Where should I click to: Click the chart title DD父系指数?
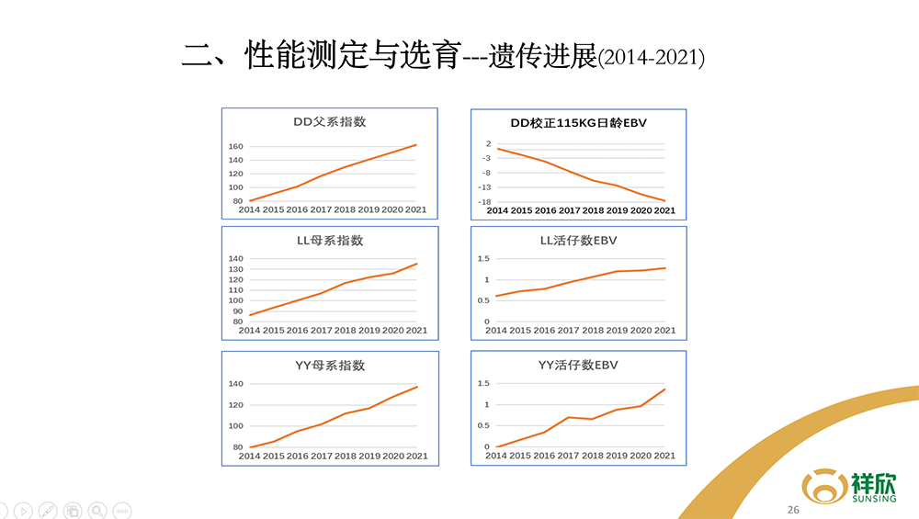pyautogui.click(x=329, y=122)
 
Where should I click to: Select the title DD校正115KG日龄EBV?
pyautogui.click(x=578, y=122)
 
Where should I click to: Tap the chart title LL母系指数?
pyautogui.click(x=329, y=241)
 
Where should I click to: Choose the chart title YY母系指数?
pyautogui.click(x=329, y=366)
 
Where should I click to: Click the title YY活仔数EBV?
pyautogui.click(x=578, y=366)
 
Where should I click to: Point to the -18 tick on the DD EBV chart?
pyautogui.click(x=483, y=201)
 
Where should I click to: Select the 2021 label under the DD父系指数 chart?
pyautogui.click(x=416, y=209)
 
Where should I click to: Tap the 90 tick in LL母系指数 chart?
pyautogui.click(x=236, y=311)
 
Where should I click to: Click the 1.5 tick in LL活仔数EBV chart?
pyautogui.click(x=482, y=259)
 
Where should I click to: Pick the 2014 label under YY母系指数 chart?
pyautogui.click(x=249, y=456)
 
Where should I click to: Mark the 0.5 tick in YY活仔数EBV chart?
pyautogui.click(x=482, y=425)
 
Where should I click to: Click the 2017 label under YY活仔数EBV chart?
pyautogui.click(x=568, y=456)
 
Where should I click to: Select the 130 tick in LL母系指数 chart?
pyautogui.click(x=234, y=268)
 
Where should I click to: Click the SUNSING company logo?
pyautogui.click(x=849, y=486)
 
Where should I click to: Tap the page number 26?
pyautogui.click(x=793, y=510)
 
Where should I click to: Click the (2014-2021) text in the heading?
pyautogui.click(x=651, y=59)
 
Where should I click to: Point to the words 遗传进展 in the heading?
pyautogui.click(x=543, y=56)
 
